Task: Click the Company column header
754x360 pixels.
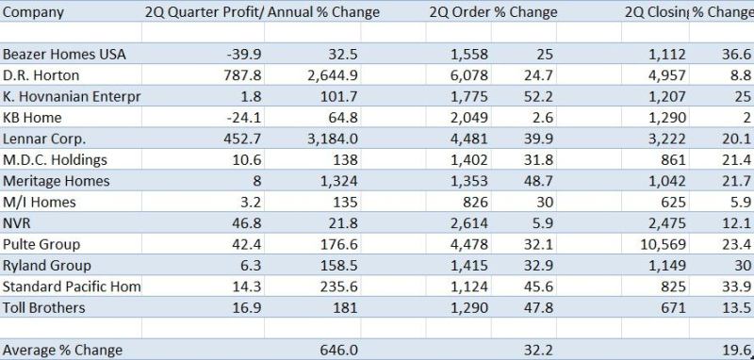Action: point(33,12)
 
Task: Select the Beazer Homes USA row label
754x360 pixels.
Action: point(64,55)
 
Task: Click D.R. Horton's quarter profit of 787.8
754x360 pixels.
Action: point(242,75)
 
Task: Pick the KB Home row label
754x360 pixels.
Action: point(32,118)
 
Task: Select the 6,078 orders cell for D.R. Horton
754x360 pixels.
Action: point(469,75)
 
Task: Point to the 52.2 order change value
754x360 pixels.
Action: point(538,97)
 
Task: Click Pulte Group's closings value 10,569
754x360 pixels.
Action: point(663,245)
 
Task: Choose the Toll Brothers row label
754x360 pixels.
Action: point(43,307)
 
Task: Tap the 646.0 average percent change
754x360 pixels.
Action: point(339,350)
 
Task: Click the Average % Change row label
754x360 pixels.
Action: point(62,351)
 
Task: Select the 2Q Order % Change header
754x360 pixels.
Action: point(493,12)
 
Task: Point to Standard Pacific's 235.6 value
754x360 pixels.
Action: point(339,286)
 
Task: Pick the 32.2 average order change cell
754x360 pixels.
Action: point(538,350)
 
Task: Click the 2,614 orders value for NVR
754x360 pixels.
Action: point(469,223)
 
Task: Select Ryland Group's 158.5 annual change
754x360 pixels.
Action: point(339,266)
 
